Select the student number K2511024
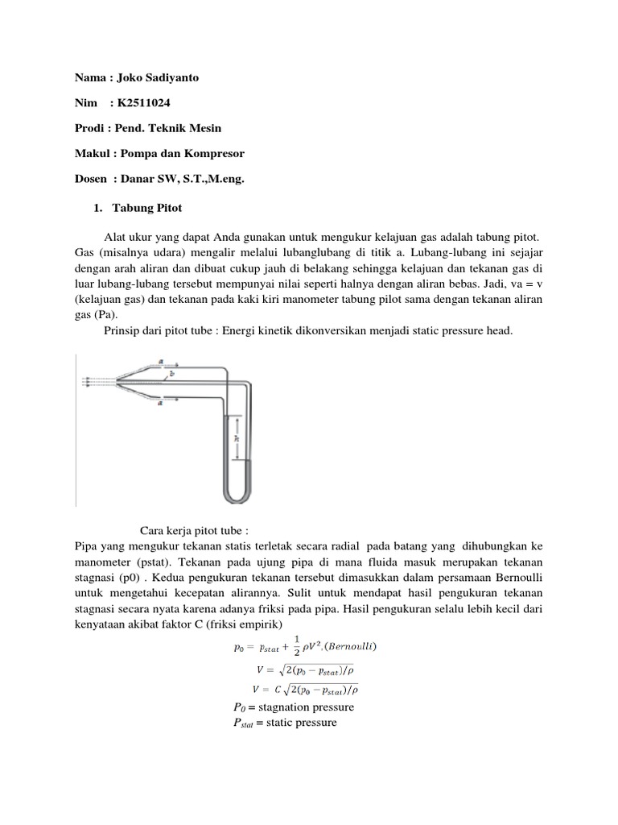142,102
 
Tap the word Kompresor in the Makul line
215,154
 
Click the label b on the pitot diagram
170,374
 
